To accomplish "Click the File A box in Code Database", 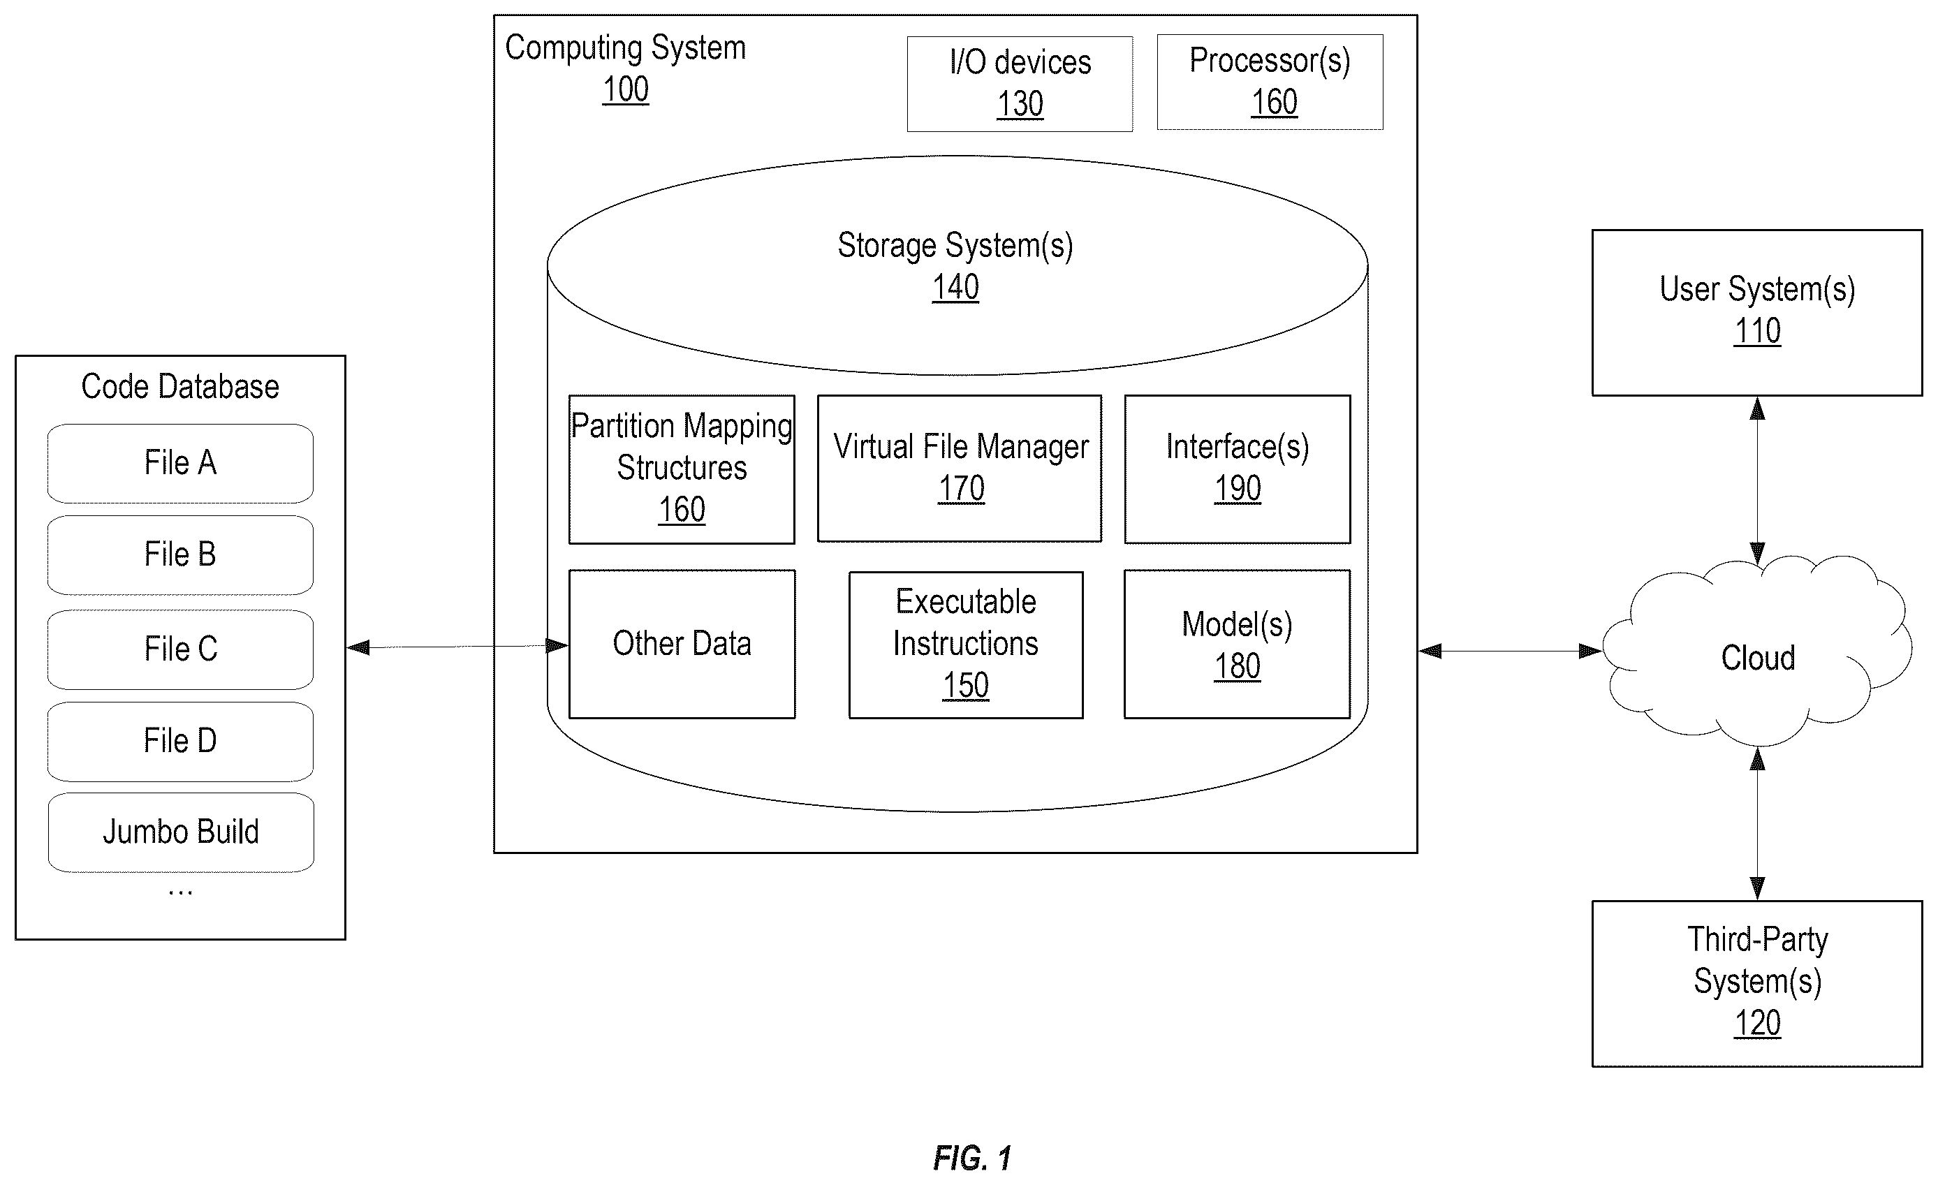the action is pyautogui.click(x=180, y=463).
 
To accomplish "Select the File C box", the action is pyautogui.click(x=180, y=649).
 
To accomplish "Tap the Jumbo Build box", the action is pyautogui.click(x=181, y=832).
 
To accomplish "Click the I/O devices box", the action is pyautogui.click(x=1020, y=83).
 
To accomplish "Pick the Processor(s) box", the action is pyautogui.click(x=1270, y=82).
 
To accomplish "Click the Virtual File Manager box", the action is pyautogui.click(x=960, y=469).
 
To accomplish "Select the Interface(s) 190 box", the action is pyautogui.click(x=1238, y=469).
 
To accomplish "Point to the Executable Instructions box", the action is pyautogui.click(x=966, y=645).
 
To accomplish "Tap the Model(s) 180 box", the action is pyautogui.click(x=1238, y=644).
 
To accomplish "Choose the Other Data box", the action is pyautogui.click(x=682, y=644).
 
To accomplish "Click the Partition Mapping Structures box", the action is pyautogui.click(x=682, y=469).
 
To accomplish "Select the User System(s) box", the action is pyautogui.click(x=1757, y=312).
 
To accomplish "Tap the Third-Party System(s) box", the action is pyautogui.click(x=1757, y=984).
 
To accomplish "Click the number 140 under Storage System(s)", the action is pyautogui.click(x=955, y=287).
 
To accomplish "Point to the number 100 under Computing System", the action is pyautogui.click(x=625, y=89).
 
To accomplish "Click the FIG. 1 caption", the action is pyautogui.click(x=972, y=1158).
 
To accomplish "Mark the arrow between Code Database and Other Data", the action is pyautogui.click(x=457, y=647).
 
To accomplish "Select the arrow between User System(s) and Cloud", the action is pyautogui.click(x=1757, y=480).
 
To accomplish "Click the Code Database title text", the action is pyautogui.click(x=180, y=387).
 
